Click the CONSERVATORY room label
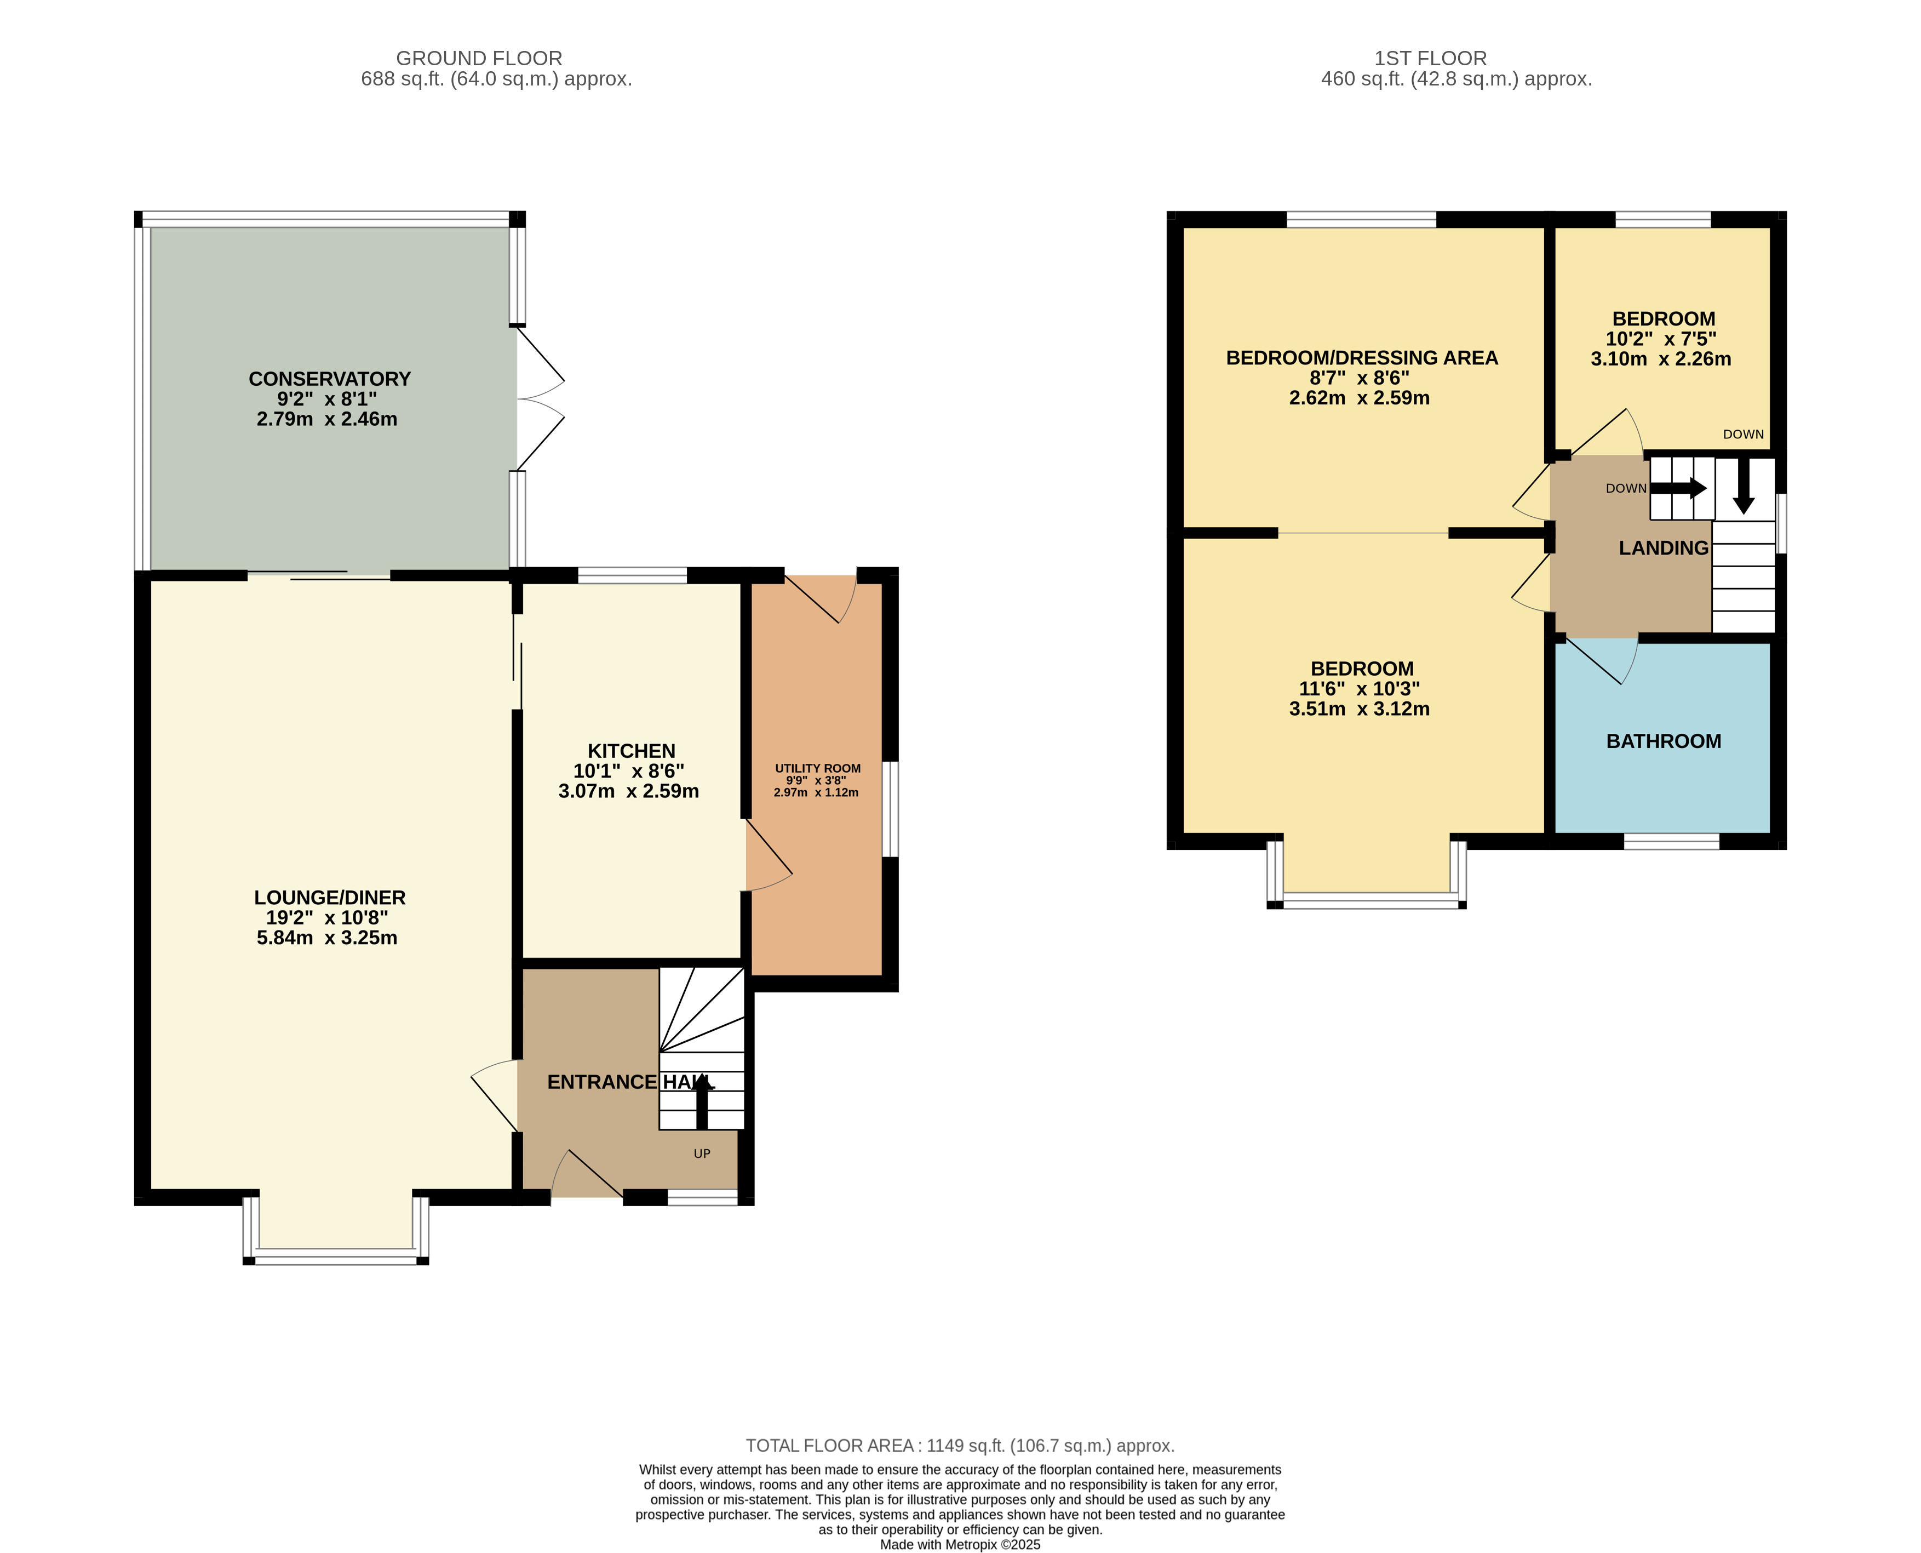[x=329, y=379]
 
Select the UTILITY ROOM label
[x=817, y=768]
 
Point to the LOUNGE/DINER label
[x=329, y=897]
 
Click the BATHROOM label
[x=1664, y=741]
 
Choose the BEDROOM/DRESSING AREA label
[x=1361, y=358]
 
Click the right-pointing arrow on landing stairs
[x=1678, y=488]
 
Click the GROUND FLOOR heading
[x=479, y=58]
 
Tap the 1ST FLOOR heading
[x=1430, y=58]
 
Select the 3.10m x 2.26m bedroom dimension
[x=1661, y=359]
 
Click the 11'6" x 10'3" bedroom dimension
[x=1360, y=689]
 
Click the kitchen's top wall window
[x=632, y=575]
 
